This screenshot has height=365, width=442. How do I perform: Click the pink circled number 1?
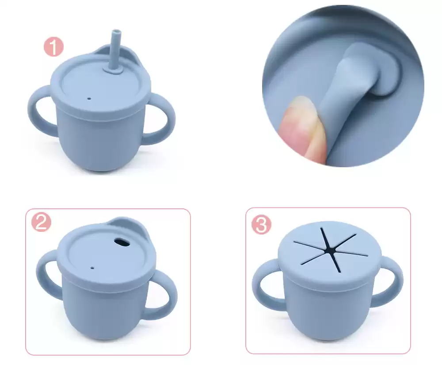click(x=53, y=47)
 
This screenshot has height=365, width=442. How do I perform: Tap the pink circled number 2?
click(x=41, y=222)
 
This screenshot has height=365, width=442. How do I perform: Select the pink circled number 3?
click(x=261, y=225)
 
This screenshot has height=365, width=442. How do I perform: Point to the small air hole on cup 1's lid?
click(x=89, y=99)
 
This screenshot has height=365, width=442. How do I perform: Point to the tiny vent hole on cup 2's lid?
click(x=92, y=267)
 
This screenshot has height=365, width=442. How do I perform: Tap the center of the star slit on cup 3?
click(x=329, y=250)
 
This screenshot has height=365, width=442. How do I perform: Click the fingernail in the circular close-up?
click(x=299, y=119)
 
